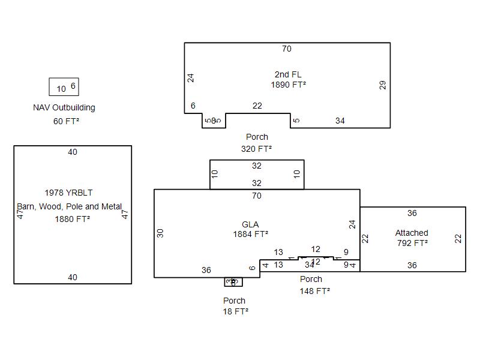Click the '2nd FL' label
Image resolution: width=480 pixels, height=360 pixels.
pyautogui.click(x=288, y=74)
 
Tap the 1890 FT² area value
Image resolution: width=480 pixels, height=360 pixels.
pyautogui.click(x=288, y=85)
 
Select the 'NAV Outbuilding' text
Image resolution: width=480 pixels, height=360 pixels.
pyautogui.click(x=64, y=108)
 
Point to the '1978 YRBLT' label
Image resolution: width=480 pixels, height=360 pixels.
pyautogui.click(x=68, y=193)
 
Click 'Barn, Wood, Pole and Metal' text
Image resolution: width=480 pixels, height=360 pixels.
pyautogui.click(x=70, y=206)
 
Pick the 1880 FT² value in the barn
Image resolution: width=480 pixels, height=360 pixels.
pyautogui.click(x=72, y=219)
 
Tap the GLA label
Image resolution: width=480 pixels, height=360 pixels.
pyautogui.click(x=250, y=224)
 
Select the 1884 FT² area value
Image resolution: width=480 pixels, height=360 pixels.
pyautogui.click(x=250, y=235)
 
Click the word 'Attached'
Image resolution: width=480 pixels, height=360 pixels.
pyautogui.click(x=412, y=233)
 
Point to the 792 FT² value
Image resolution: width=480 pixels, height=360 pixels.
pyautogui.click(x=412, y=243)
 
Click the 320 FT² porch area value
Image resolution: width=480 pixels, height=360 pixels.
pyautogui.click(x=257, y=149)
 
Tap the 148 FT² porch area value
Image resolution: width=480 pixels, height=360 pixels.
pyautogui.click(x=314, y=291)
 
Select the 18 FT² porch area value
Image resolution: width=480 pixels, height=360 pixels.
pyautogui.click(x=236, y=311)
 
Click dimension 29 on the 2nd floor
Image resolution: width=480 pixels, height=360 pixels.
pyautogui.click(x=383, y=85)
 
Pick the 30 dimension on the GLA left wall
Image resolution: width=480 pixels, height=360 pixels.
pyautogui.click(x=160, y=233)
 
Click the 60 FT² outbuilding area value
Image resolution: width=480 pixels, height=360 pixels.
pyautogui.click(x=66, y=121)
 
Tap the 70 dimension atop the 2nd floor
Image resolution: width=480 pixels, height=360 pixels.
pyautogui.click(x=287, y=49)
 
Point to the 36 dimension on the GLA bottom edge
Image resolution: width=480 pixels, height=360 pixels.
pyautogui.click(x=206, y=271)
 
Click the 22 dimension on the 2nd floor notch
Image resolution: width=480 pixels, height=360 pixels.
pyautogui.click(x=257, y=106)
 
